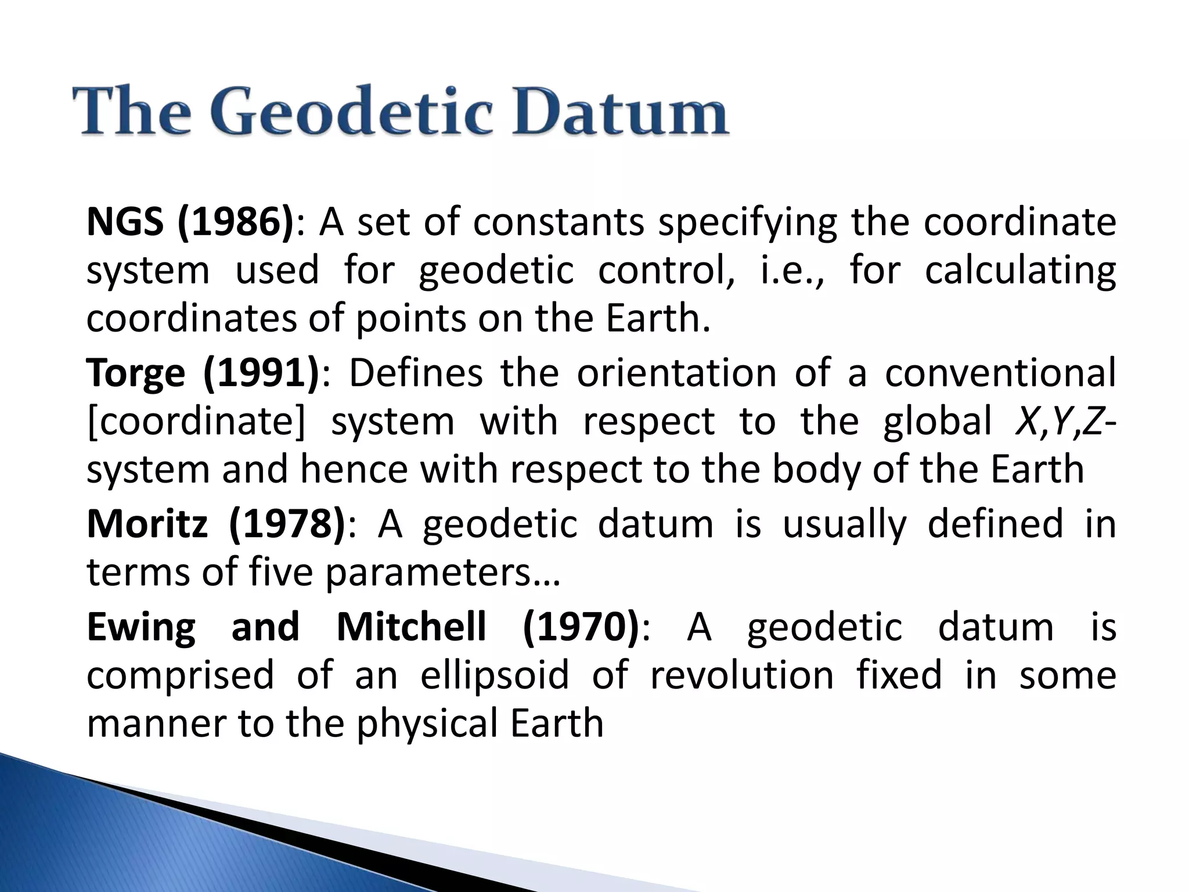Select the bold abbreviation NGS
pos(125,222)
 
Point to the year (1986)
pos(236,222)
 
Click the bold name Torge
pos(135,372)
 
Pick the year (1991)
pos(261,372)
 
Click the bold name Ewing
pos(141,627)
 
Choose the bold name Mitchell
pos(411,627)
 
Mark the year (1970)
pos(580,627)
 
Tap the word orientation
pos(676,372)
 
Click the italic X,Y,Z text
pos(1060,421)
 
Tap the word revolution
pos(742,675)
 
